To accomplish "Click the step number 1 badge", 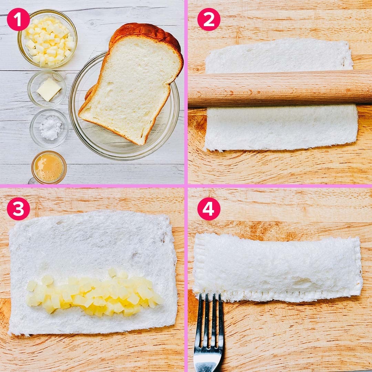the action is pyautogui.click(x=18, y=19).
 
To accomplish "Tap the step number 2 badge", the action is pyautogui.click(x=209, y=19).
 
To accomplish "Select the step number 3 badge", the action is pyautogui.click(x=18, y=209).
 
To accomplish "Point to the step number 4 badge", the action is pyautogui.click(x=209, y=209).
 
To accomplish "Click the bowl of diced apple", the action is pyautogui.click(x=48, y=39).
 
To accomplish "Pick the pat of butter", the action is pyautogui.click(x=49, y=89).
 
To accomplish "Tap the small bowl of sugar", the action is pyautogui.click(x=49, y=128).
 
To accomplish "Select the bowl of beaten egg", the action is pyautogui.click(x=49, y=167).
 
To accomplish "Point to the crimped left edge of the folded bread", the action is pyautogui.click(x=199, y=263).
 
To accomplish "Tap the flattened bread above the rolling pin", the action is pyautogui.click(x=279, y=56).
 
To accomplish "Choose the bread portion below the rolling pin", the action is pyautogui.click(x=281, y=128).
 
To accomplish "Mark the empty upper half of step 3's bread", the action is pyautogui.click(x=93, y=240).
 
